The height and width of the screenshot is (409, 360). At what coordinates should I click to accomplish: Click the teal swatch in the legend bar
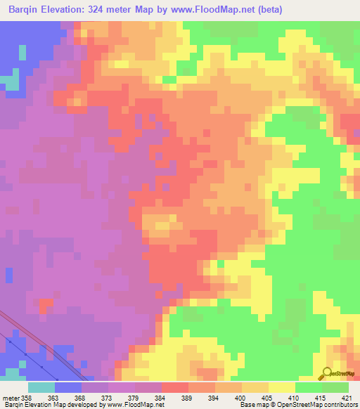point(41,387)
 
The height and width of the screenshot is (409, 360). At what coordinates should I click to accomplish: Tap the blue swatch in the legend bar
point(68,387)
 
